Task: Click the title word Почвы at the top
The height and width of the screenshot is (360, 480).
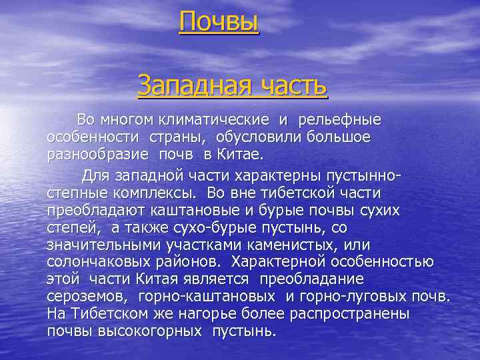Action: (219, 23)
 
